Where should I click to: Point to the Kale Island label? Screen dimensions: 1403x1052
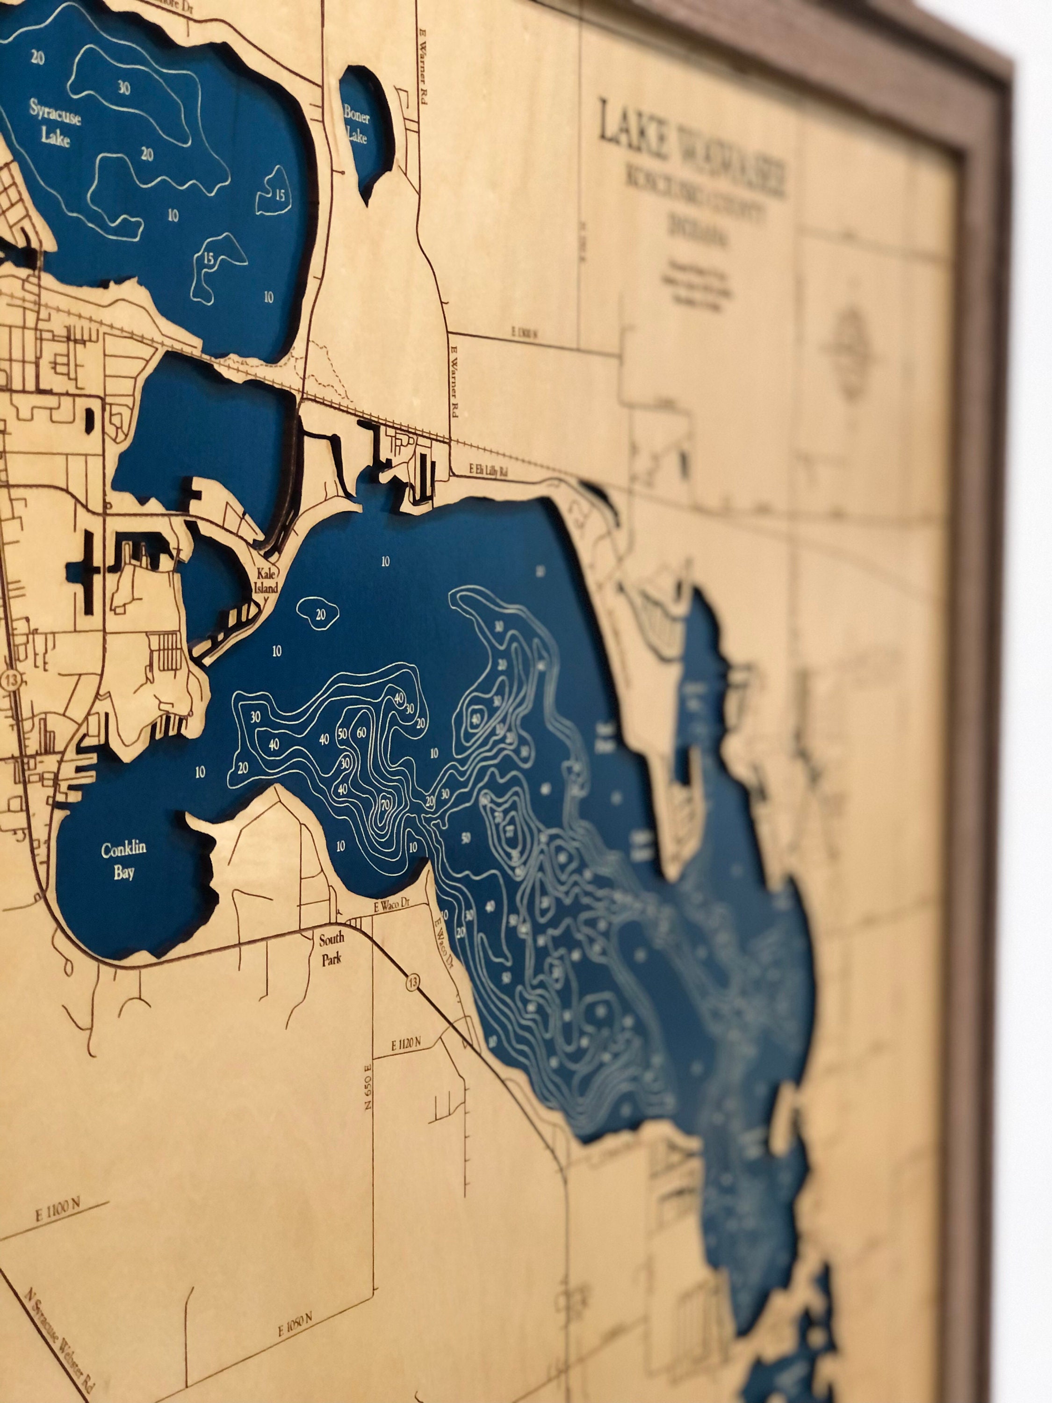coord(267,580)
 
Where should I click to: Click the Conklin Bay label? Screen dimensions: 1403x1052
coord(123,860)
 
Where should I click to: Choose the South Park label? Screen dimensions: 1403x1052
coord(331,948)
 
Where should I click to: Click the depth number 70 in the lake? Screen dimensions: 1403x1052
coord(384,805)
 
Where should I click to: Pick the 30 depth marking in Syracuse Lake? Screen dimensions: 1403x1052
coord(124,87)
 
